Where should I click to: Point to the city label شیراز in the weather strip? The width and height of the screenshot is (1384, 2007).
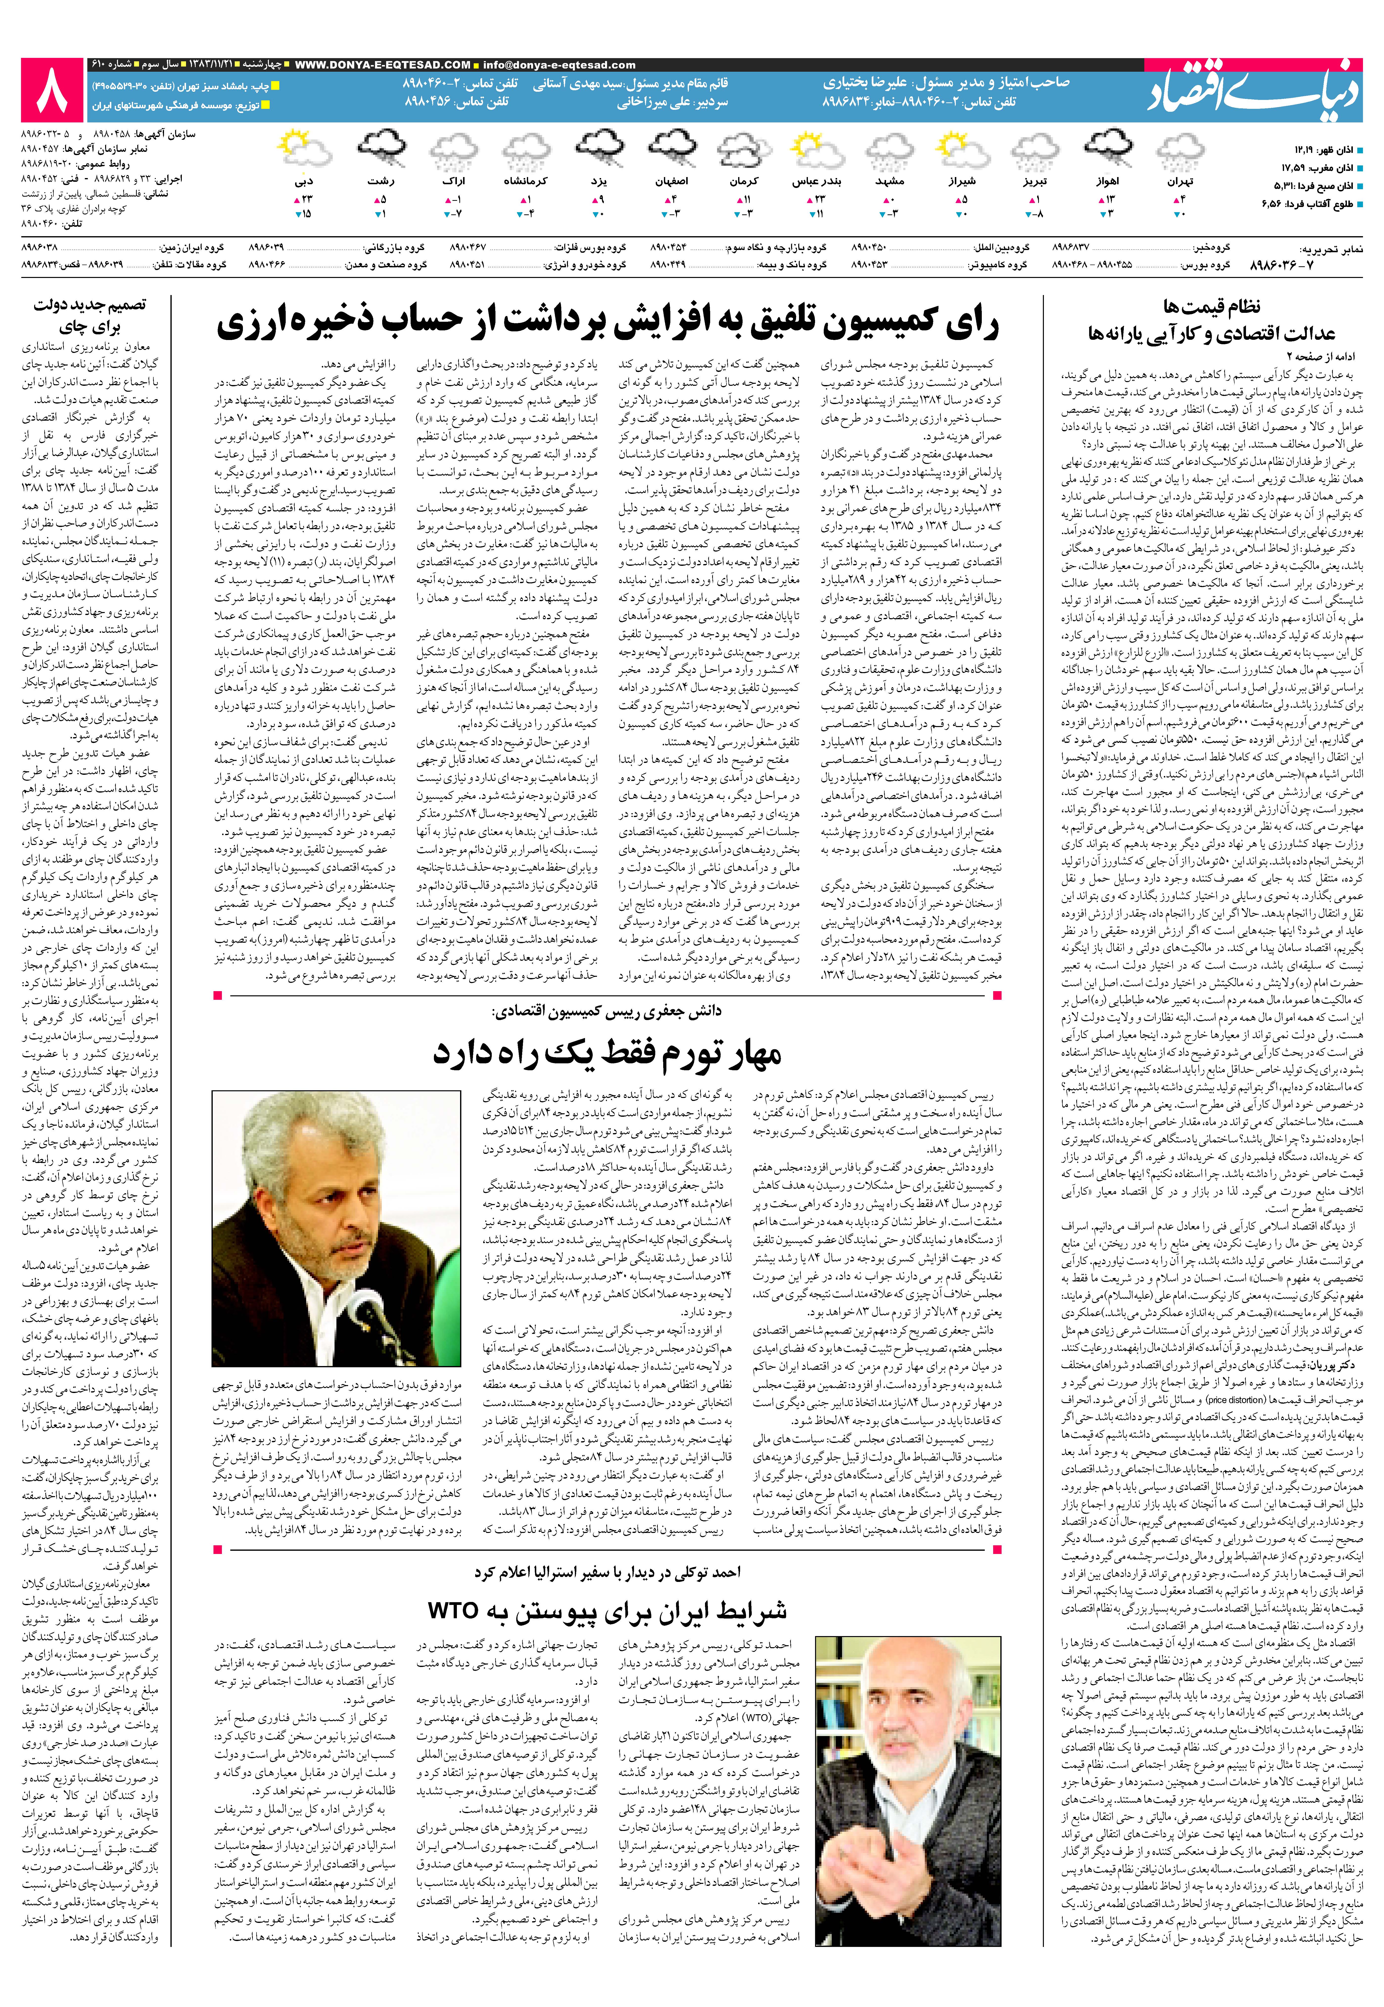tap(962, 182)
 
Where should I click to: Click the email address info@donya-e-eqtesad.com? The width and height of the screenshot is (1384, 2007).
tap(559, 65)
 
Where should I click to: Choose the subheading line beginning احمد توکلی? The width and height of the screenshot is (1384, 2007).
tap(607, 1572)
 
